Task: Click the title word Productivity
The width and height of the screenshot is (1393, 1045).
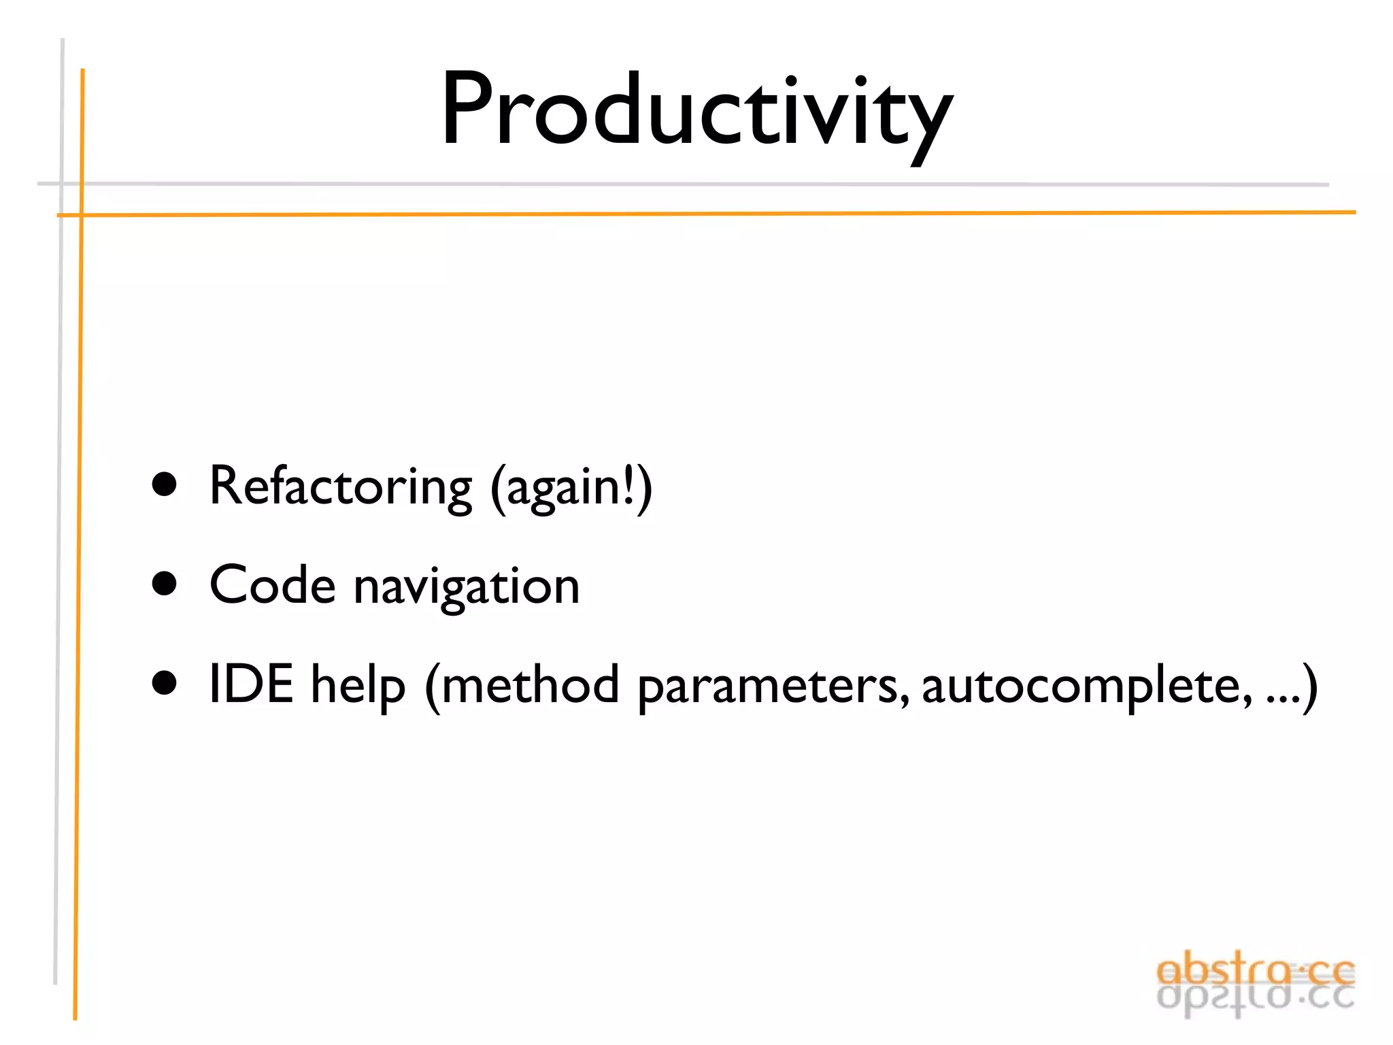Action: pyautogui.click(x=696, y=112)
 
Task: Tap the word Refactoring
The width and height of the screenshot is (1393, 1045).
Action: pyautogui.click(x=340, y=487)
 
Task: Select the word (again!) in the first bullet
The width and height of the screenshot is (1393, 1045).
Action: pyautogui.click(x=571, y=487)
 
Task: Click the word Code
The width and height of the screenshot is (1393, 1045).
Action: pyautogui.click(x=272, y=585)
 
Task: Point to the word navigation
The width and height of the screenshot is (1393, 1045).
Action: pyautogui.click(x=467, y=586)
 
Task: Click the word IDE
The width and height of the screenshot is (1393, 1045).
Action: pyautogui.click(x=251, y=684)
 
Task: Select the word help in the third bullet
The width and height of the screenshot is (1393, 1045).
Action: pyautogui.click(x=358, y=686)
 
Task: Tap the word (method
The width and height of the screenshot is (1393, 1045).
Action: pyautogui.click(x=522, y=686)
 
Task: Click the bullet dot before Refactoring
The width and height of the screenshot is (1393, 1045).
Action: pyautogui.click(x=165, y=485)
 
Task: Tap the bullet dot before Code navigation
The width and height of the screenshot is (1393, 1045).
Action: pyautogui.click(x=165, y=584)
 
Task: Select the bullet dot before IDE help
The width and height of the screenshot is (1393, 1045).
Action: pyautogui.click(x=165, y=683)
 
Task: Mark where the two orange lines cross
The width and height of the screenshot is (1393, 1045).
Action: pyautogui.click(x=82, y=215)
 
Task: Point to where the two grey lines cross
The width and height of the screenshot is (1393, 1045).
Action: pyautogui.click(x=61, y=184)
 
